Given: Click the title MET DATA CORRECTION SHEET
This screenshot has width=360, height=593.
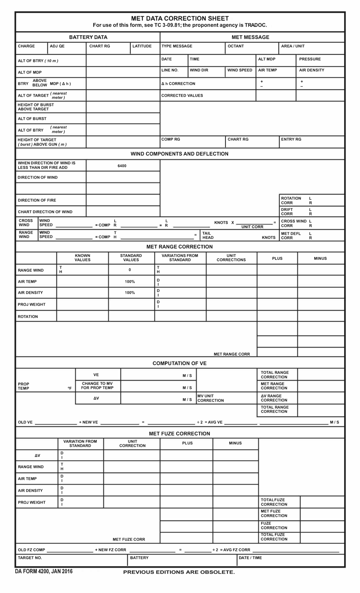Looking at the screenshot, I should tap(180, 18).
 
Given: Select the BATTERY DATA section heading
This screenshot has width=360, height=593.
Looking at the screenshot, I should tap(88, 37).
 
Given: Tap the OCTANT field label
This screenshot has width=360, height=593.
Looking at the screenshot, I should tap(236, 46).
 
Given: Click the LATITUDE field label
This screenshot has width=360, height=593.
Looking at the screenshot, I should tap(142, 46).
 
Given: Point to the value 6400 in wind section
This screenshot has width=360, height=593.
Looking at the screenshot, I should tap(122, 166).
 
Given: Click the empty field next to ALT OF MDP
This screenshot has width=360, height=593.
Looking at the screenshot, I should tap(123, 72).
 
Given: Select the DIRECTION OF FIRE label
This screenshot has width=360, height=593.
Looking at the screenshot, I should tap(37, 200).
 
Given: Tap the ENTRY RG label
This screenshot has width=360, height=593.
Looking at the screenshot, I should tap(291, 140).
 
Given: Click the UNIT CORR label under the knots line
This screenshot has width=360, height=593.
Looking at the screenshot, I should tap(252, 227).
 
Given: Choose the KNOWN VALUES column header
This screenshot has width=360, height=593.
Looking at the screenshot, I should tap(82, 258).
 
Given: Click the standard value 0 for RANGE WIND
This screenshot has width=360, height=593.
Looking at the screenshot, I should tap(130, 270).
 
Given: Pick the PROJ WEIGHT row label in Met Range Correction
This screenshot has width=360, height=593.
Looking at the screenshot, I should tap(31, 304).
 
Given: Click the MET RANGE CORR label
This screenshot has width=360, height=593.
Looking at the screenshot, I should tap(232, 354).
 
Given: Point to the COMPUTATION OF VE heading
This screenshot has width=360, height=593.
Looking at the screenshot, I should tap(180, 363).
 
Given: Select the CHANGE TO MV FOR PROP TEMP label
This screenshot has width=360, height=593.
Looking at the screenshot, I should tap(97, 386).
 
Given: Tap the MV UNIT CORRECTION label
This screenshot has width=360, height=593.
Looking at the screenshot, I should tap(210, 398).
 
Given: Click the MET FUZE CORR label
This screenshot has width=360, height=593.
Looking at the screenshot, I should tap(129, 539).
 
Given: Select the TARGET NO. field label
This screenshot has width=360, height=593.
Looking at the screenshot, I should tap(30, 558).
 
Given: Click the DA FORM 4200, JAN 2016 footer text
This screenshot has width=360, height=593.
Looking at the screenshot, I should tap(44, 571).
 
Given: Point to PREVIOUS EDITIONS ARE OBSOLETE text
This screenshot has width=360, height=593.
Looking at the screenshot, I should tap(179, 572).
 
